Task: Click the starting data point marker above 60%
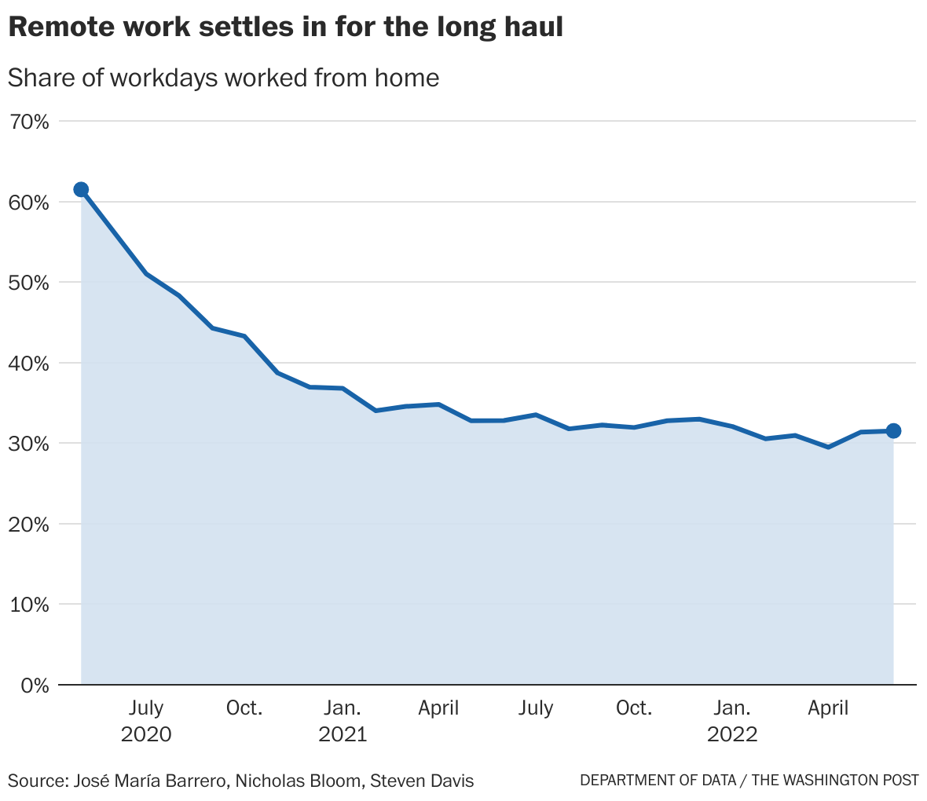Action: click(81, 189)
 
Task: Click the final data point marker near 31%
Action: click(893, 430)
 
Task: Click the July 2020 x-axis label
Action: click(146, 721)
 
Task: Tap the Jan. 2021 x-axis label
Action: click(343, 721)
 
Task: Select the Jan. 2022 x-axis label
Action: click(732, 721)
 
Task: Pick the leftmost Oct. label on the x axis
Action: click(244, 708)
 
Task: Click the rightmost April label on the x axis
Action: click(829, 708)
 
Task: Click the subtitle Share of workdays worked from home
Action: click(223, 78)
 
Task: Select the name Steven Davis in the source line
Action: click(422, 781)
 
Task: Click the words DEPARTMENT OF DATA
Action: click(658, 781)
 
